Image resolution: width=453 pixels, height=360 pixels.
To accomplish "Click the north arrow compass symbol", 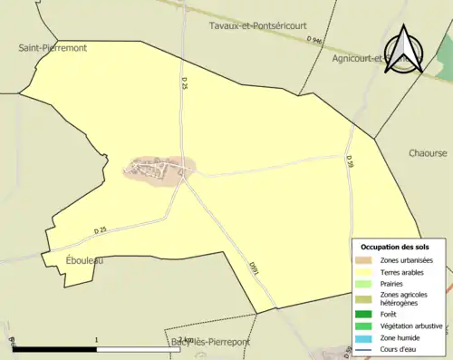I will coord(404,50).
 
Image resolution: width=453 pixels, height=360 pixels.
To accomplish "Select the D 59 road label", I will coord(349,161).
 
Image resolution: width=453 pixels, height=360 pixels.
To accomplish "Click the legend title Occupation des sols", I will coord(395,247).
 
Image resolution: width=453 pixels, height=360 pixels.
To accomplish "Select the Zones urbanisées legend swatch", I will coord(367,260).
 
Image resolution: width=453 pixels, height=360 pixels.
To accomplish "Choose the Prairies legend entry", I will coord(393,283).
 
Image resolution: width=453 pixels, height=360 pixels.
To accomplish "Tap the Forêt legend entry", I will coord(390,314).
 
